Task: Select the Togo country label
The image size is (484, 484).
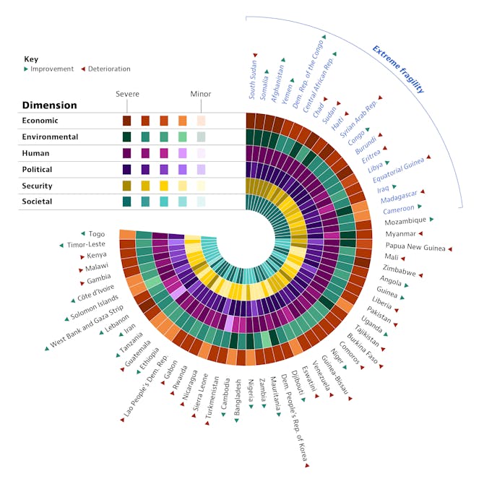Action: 97,234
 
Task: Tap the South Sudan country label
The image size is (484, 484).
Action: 253,80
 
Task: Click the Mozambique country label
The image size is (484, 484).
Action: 405,221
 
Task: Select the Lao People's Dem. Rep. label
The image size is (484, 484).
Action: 149,389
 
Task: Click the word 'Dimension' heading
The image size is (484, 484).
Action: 49,105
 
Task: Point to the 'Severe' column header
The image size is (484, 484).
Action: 128,94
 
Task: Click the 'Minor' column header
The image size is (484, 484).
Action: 201,94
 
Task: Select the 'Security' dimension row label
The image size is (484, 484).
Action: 38,185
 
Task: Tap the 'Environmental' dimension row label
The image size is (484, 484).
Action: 50,137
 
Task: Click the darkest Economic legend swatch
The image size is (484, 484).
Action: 127,121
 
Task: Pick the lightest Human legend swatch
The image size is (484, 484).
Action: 201,153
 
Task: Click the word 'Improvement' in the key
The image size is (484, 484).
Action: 52,69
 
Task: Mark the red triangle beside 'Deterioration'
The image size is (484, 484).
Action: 83,69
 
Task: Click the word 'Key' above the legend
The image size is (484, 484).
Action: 30,59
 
